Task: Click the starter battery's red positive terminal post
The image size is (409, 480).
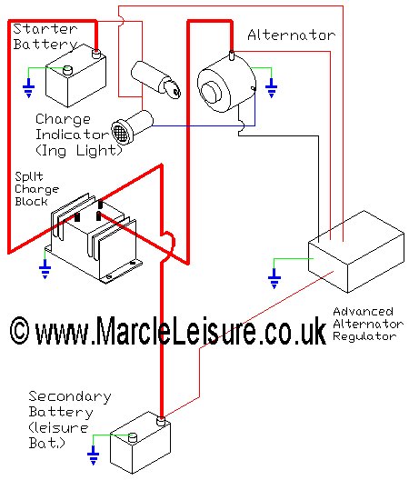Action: tap(96, 54)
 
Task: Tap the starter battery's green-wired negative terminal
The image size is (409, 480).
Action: tap(67, 70)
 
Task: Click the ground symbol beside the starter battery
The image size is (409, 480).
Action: tap(29, 88)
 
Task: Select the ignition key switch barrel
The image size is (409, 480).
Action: tap(155, 79)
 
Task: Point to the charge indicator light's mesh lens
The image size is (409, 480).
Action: tap(119, 132)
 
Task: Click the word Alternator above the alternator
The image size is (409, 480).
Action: tap(291, 35)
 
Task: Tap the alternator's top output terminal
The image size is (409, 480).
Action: tap(232, 55)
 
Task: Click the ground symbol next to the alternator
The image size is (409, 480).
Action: tap(271, 88)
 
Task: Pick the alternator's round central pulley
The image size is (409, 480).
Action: tap(212, 92)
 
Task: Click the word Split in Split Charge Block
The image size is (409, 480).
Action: tap(29, 176)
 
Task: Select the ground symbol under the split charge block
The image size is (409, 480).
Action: tap(45, 269)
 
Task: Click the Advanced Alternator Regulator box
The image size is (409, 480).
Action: tap(356, 251)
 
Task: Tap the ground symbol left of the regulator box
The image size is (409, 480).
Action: tap(274, 278)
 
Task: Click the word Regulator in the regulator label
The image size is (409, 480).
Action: tap(364, 336)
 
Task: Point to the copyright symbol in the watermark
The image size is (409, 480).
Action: tap(20, 331)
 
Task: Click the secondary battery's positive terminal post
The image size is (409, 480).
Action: tap(161, 421)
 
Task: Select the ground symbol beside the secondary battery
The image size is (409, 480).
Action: tap(93, 455)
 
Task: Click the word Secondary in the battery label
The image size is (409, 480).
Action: tap(70, 396)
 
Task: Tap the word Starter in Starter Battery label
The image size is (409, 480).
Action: tap(45, 29)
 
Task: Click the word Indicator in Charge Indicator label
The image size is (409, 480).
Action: tap(72, 135)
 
